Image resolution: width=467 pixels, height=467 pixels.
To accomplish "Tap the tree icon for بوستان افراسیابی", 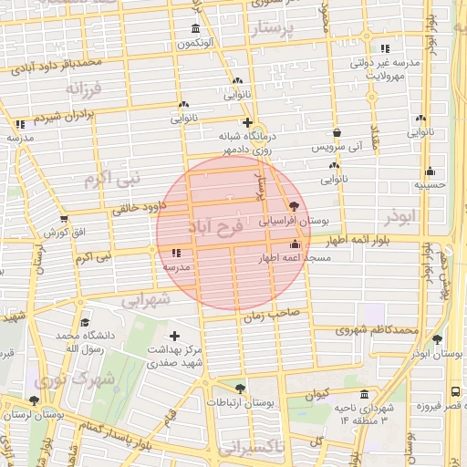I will [293, 206].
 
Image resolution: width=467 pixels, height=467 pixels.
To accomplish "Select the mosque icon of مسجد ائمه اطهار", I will [294, 244].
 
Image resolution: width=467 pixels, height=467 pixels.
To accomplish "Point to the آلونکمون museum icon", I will [194, 28].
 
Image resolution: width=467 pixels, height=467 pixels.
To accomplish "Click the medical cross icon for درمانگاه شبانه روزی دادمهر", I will [246, 122].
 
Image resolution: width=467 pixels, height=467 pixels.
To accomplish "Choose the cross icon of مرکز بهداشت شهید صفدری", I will [174, 337].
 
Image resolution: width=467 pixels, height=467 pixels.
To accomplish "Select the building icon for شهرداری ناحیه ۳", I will [365, 395].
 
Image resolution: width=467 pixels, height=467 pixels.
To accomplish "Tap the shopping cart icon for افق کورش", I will [64, 219].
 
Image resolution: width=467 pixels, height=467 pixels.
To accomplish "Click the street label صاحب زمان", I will [265, 317].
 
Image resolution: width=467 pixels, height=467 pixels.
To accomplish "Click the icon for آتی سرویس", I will [337, 132].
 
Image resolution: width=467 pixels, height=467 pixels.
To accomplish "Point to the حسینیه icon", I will [431, 171].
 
